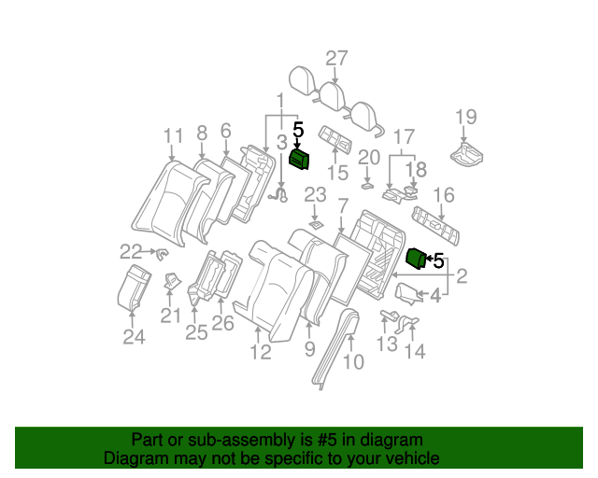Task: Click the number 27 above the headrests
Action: coord(336,58)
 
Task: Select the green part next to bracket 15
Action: coord(299,160)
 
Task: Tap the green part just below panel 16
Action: coord(416,259)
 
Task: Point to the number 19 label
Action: coord(465,117)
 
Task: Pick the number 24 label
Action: coord(135,337)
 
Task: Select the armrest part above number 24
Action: coord(134,286)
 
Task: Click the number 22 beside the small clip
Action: coord(131,250)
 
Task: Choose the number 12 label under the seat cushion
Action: coord(260,352)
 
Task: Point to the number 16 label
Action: coord(444,194)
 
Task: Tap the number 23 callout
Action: coord(315,194)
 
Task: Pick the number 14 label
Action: coord(414,351)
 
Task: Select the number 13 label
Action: coord(387,344)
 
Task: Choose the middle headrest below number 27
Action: coord(331,92)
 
